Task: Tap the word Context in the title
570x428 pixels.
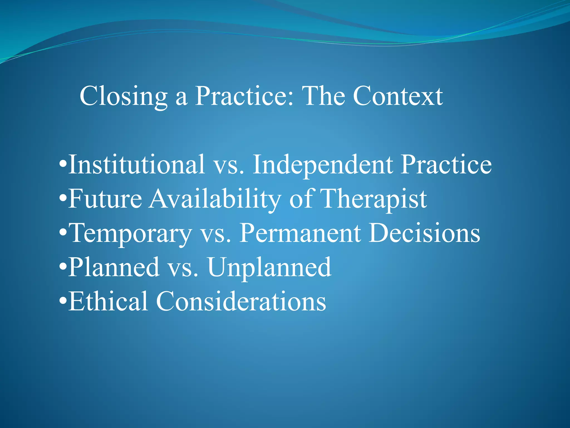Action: click(398, 96)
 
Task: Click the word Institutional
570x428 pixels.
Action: click(137, 164)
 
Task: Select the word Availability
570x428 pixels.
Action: click(214, 199)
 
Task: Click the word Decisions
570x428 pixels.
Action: click(424, 233)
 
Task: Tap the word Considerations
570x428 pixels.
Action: click(241, 301)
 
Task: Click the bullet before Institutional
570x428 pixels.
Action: click(63, 164)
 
